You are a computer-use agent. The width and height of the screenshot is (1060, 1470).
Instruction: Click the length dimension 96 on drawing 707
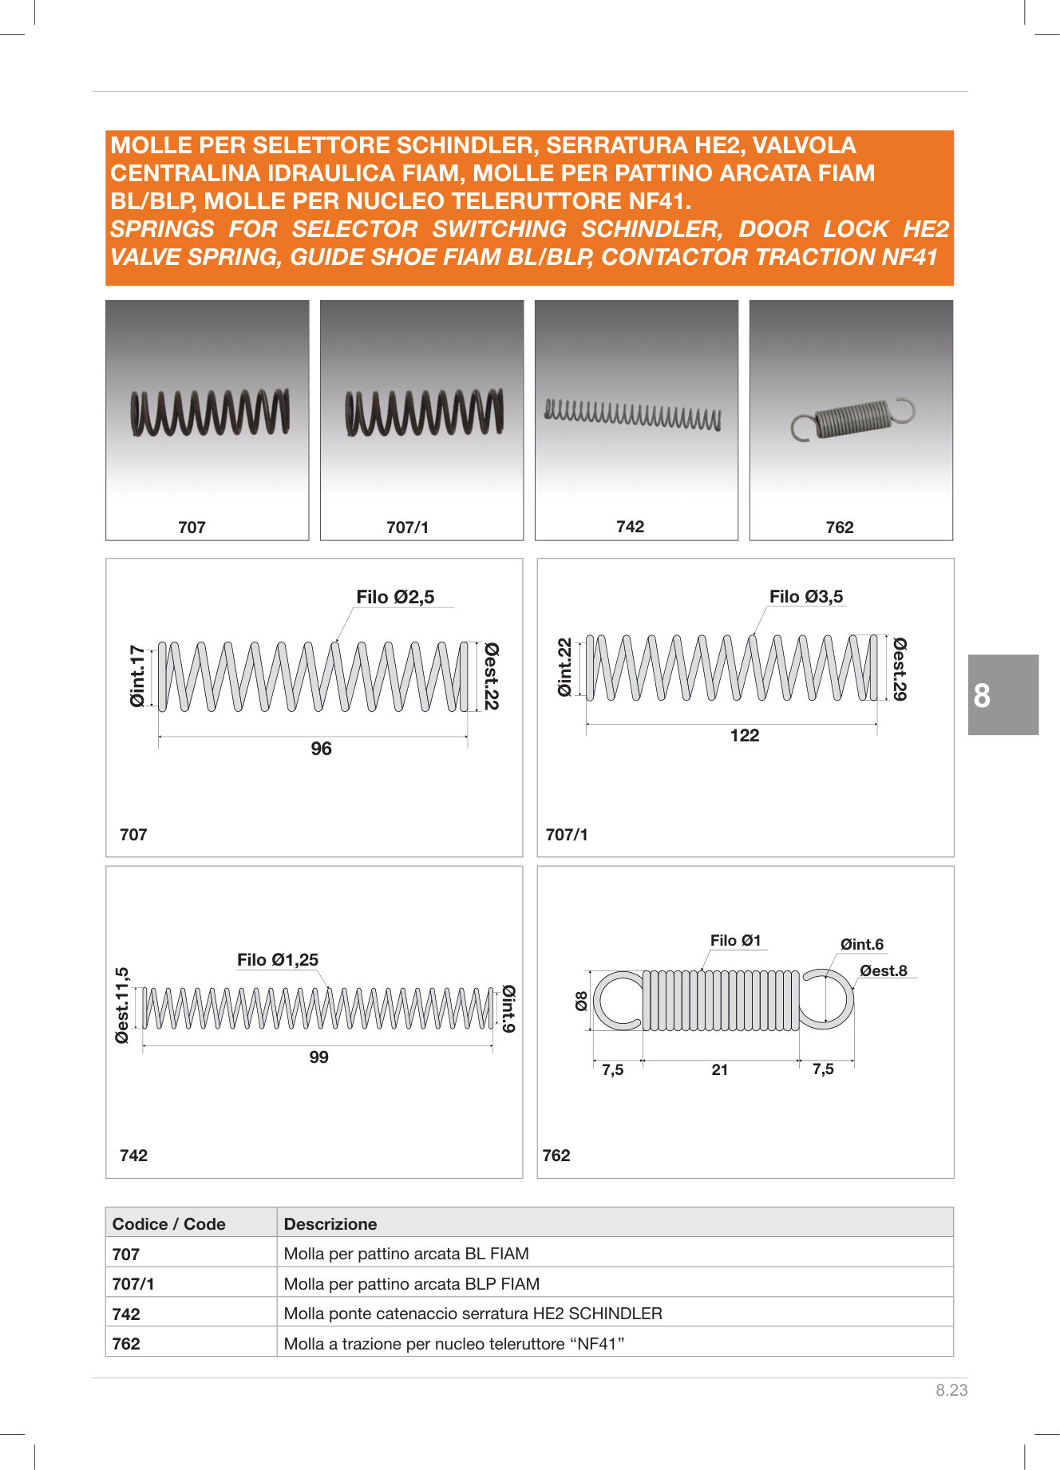(321, 749)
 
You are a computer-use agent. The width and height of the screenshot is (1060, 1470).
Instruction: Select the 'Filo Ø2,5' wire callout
(395, 597)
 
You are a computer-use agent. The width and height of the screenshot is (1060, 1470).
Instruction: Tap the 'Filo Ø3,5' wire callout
(805, 597)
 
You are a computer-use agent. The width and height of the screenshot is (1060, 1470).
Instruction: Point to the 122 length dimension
(744, 736)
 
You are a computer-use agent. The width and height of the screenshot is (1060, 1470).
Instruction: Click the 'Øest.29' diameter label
(900, 669)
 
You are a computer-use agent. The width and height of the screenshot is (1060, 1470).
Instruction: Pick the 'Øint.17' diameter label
(138, 676)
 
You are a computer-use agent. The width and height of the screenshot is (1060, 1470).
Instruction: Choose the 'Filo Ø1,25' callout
(278, 960)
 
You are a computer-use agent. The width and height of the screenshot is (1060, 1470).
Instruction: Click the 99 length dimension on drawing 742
(318, 1057)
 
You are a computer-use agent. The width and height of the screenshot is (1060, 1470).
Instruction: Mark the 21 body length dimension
(719, 1070)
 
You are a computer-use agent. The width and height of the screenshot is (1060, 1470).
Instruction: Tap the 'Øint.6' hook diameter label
(861, 945)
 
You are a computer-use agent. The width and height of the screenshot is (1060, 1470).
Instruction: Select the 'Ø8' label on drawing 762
(582, 1001)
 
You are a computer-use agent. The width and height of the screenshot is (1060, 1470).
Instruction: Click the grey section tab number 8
(983, 696)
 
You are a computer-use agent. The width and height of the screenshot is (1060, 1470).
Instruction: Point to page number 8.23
(951, 1390)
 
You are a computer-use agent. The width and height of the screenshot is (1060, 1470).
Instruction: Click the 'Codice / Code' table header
(169, 1224)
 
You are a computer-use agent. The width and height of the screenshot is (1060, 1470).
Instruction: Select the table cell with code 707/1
(134, 1284)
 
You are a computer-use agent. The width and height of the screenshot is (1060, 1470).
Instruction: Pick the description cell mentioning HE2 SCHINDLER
(473, 1314)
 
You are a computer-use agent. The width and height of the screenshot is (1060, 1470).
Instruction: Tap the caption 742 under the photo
(630, 527)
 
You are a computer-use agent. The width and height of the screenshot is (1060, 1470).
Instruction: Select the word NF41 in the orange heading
(909, 257)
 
